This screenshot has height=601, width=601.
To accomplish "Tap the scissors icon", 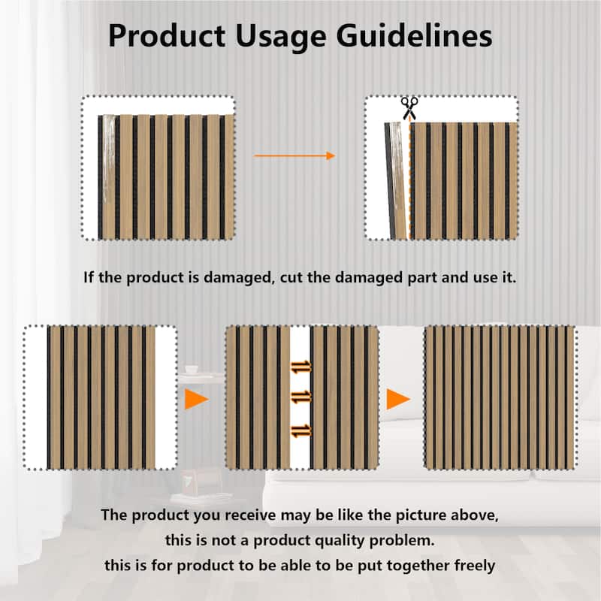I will [x=409, y=107].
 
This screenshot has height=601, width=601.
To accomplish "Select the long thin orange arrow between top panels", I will [x=294, y=156].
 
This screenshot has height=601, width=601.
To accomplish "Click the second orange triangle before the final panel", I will [x=398, y=399].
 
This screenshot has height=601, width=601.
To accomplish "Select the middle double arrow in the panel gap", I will [x=300, y=395].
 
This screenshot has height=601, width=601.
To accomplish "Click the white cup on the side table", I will [x=191, y=370].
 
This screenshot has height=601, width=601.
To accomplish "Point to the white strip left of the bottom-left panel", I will [x=36, y=398].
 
